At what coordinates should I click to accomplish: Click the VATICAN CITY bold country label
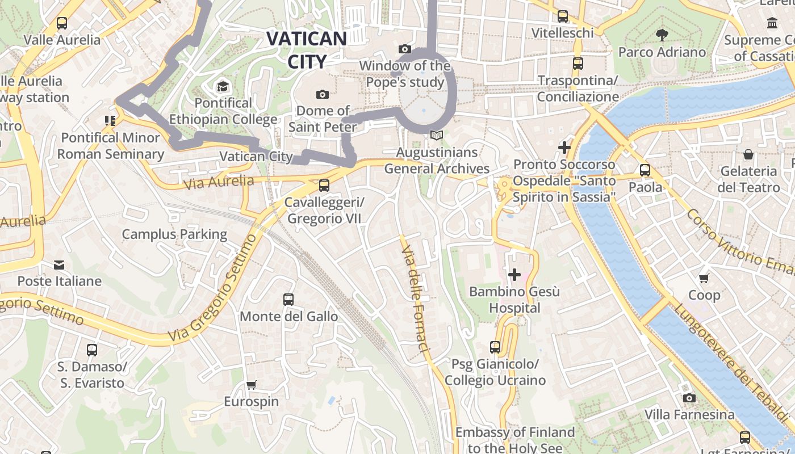[306, 50]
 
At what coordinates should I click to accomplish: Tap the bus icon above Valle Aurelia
[62, 23]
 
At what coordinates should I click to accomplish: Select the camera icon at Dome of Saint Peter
[323, 94]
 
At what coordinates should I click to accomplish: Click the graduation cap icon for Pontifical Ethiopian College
[223, 86]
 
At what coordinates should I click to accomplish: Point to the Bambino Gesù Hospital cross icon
[514, 275]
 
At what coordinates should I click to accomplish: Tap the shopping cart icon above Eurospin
[252, 385]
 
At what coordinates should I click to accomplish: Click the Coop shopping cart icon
[704, 278]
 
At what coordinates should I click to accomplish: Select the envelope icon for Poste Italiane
[59, 264]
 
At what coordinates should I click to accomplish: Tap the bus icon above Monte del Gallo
[288, 299]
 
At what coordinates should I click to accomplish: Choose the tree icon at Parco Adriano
[662, 35]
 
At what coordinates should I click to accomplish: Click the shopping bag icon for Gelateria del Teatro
[748, 154]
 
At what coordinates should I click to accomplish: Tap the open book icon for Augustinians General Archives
[436, 136]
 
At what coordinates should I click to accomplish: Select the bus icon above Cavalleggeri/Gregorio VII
[324, 185]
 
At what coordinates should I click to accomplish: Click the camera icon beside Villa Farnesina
[689, 398]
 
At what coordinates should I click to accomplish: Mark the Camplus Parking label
[174, 234]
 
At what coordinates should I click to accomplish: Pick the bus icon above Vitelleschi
[563, 16]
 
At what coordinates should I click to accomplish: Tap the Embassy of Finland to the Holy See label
[515, 440]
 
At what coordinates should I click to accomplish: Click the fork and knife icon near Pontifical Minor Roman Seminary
[110, 120]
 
